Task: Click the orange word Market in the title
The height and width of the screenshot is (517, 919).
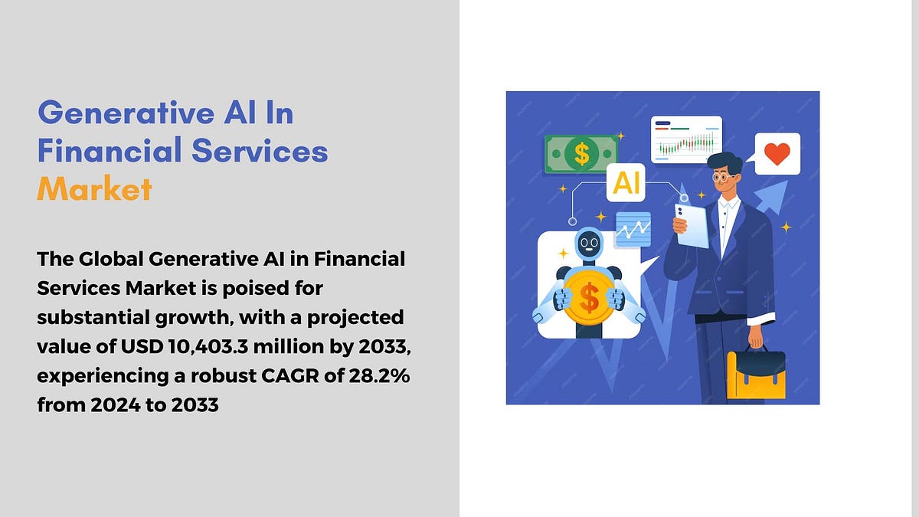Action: (x=94, y=188)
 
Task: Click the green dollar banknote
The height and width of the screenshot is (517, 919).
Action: (x=581, y=154)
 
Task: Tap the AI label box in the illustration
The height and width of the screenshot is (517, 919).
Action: (x=626, y=182)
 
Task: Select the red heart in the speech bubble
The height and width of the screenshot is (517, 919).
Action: (x=777, y=154)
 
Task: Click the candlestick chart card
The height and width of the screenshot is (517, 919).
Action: (x=686, y=140)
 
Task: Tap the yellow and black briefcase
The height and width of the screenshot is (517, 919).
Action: (x=756, y=373)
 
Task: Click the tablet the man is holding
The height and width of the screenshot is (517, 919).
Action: (x=692, y=225)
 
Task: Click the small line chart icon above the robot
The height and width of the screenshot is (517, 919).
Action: (x=633, y=229)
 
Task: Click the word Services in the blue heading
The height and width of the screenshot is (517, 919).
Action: (x=260, y=151)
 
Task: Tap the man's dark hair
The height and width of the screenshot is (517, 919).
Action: (x=725, y=162)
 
